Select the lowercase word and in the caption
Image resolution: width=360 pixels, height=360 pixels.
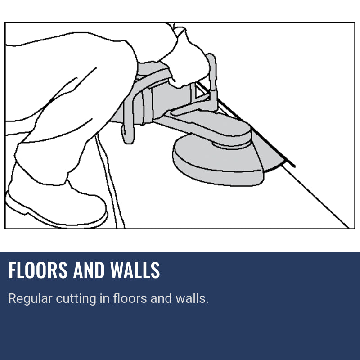[x=161, y=298]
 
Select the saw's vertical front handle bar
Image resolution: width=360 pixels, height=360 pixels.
[x=212, y=76]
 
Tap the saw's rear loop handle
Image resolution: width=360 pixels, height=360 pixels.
[x=128, y=117]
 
